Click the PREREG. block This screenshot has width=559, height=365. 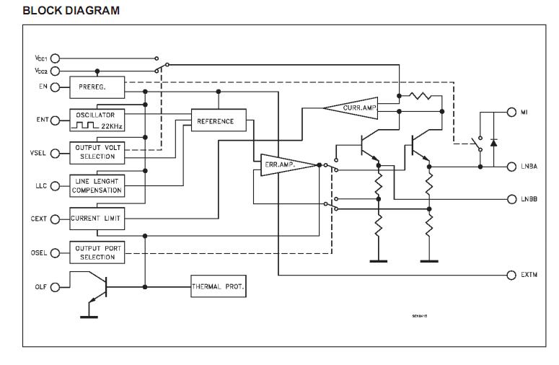pyautogui.click(x=97, y=88)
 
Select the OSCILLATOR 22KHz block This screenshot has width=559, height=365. pyautogui.click(x=97, y=120)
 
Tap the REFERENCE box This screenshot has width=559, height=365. pyautogui.click(x=217, y=121)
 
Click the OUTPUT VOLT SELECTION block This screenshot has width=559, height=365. pyautogui.click(x=97, y=152)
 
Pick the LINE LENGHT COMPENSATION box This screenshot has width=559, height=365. pyautogui.click(x=97, y=185)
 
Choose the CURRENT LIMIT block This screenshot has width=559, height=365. pyautogui.click(x=97, y=217)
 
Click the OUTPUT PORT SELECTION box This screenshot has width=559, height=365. pyautogui.click(x=97, y=252)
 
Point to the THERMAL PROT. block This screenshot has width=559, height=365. pyautogui.click(x=218, y=286)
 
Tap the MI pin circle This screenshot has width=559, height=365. pyautogui.click(x=511, y=113)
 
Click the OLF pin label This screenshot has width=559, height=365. pyautogui.click(x=40, y=286)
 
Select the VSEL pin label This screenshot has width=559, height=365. pyautogui.click(x=38, y=153)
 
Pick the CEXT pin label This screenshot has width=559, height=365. pyautogui.click(x=38, y=218)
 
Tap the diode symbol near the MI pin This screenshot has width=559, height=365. pyautogui.click(x=493, y=142)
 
